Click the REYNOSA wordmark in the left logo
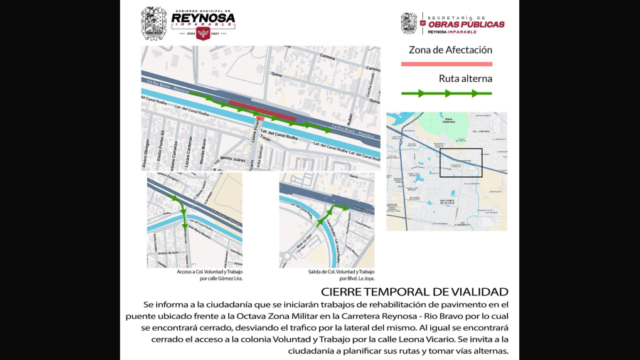(x=203, y=19)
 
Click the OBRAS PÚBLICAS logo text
(x=466, y=24)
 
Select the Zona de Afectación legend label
(x=450, y=51)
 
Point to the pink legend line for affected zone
(x=447, y=64)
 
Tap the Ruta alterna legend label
(x=466, y=79)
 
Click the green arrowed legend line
(x=447, y=93)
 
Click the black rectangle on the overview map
(x=461, y=162)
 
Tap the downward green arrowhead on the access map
(x=185, y=227)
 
